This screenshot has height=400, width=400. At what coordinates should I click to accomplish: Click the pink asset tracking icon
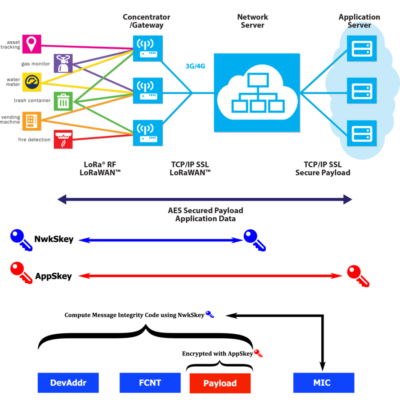[32, 44]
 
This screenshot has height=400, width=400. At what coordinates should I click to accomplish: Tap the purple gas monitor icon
[63, 63]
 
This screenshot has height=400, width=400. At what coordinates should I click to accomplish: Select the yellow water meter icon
[32, 82]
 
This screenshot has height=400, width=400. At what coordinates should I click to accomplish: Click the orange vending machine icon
[32, 120]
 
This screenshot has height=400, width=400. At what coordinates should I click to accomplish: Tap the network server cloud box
[257, 92]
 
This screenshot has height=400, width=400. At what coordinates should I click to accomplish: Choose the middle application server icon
[361, 91]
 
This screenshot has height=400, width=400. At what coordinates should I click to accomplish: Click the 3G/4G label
[196, 66]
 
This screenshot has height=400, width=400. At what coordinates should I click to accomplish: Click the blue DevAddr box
[68, 383]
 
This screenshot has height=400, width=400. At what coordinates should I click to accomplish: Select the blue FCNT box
[150, 383]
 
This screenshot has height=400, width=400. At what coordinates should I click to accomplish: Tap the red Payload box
[220, 383]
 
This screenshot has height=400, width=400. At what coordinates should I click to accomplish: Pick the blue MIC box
[324, 383]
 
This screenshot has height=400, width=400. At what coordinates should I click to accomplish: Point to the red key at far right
[357, 275]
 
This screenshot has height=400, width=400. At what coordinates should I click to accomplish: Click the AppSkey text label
[53, 276]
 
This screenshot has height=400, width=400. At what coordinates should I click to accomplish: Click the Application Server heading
[359, 21]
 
